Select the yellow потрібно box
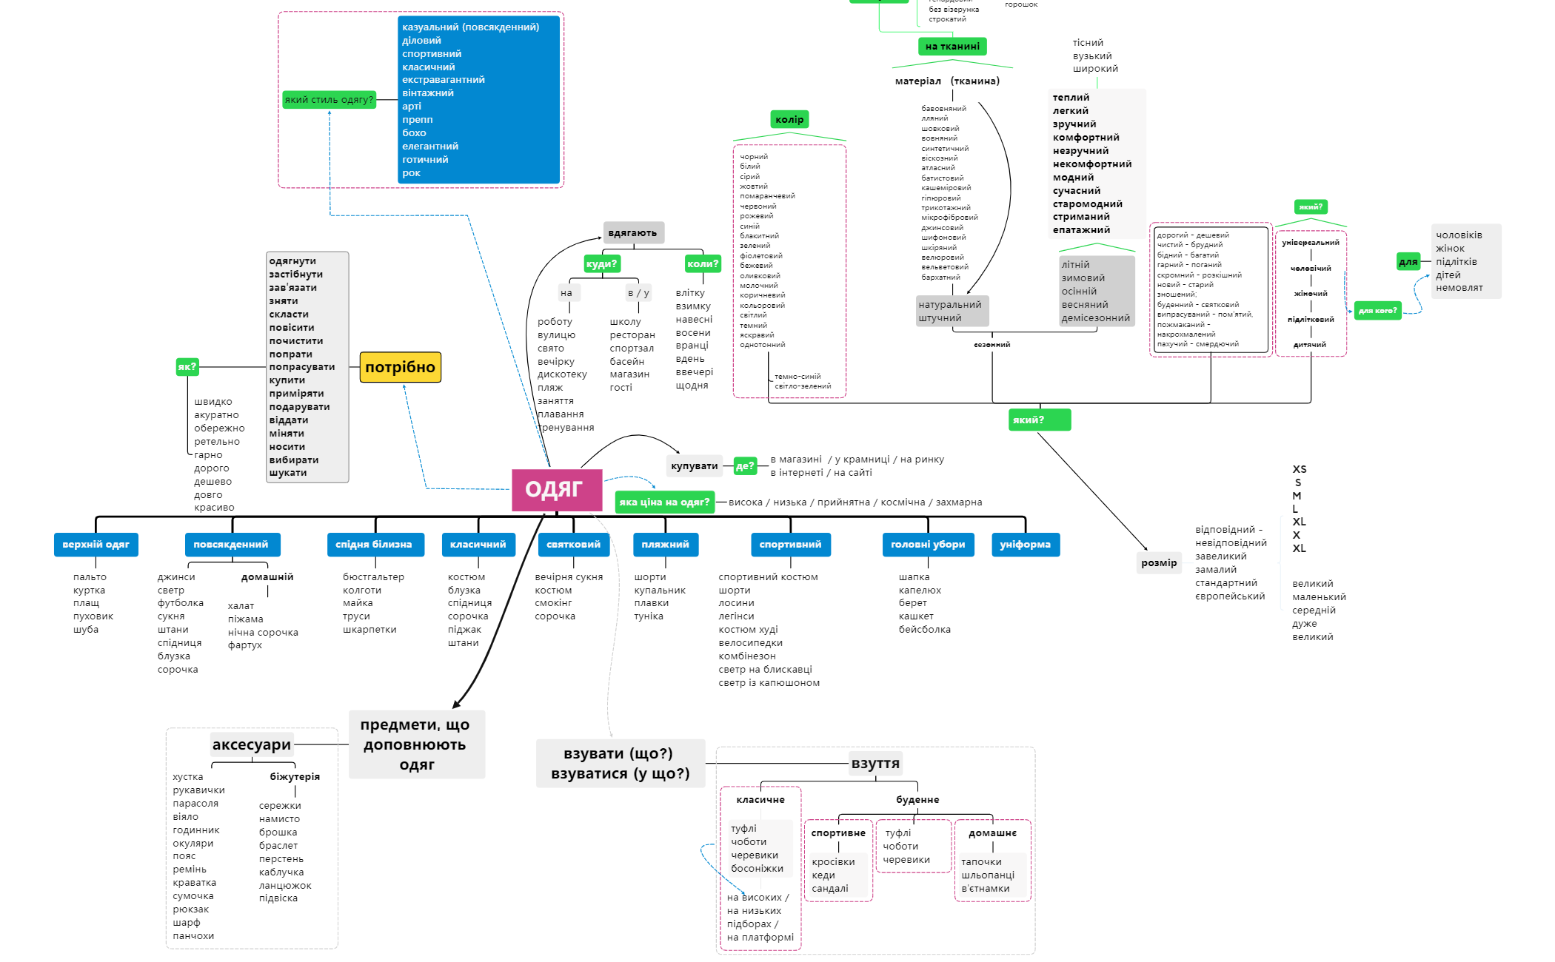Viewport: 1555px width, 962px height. click(400, 367)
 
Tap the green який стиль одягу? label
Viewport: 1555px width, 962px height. click(329, 99)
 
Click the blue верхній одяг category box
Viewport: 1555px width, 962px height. click(96, 545)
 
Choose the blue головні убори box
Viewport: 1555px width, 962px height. click(927, 545)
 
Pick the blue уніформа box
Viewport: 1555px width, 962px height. click(1025, 545)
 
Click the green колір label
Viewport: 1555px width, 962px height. click(789, 119)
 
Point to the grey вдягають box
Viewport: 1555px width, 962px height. click(632, 232)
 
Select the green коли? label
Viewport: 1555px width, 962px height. click(702, 263)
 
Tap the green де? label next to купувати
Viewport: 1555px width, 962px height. click(744, 465)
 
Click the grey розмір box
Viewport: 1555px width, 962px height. click(1159, 563)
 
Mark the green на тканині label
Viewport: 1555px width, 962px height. click(952, 46)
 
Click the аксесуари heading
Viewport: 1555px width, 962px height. click(251, 744)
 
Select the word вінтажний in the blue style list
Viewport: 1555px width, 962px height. click(427, 93)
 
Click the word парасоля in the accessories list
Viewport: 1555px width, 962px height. click(195, 803)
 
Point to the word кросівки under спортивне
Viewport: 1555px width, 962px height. click(833, 861)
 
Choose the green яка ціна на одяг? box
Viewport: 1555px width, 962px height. click(664, 502)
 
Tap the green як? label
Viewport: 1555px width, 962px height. click(187, 366)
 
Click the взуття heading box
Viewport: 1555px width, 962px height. click(875, 763)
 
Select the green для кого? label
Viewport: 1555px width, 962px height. click(1377, 310)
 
